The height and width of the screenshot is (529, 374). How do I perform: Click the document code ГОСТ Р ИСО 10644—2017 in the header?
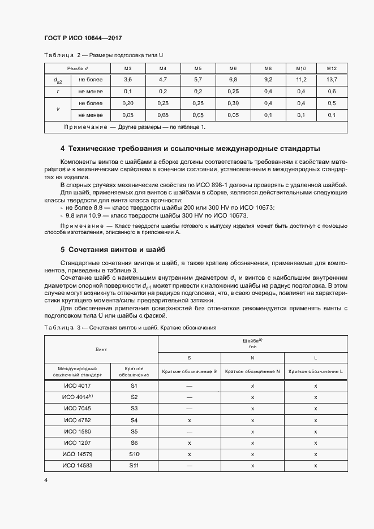[83, 38]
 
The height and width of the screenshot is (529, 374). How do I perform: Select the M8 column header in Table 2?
[268, 68]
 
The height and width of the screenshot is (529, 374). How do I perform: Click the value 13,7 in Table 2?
[332, 80]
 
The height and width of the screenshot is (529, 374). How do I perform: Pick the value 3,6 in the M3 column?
[128, 80]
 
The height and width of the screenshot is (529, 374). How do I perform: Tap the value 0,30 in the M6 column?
[233, 103]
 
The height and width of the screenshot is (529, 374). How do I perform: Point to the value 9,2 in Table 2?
[268, 80]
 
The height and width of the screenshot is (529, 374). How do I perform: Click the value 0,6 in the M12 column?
[332, 92]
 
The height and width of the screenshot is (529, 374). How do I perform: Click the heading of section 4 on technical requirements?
[190, 149]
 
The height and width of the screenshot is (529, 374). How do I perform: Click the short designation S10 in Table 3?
[134, 454]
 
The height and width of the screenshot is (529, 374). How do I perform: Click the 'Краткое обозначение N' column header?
[252, 371]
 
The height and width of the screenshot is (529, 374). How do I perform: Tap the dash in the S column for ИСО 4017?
[190, 386]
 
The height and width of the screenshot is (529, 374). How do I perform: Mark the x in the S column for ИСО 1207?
[190, 443]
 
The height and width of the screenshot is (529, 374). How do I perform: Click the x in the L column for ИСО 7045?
[315, 409]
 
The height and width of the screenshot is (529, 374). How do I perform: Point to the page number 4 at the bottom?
[46, 480]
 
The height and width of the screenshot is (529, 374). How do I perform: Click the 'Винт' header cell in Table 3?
[101, 350]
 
